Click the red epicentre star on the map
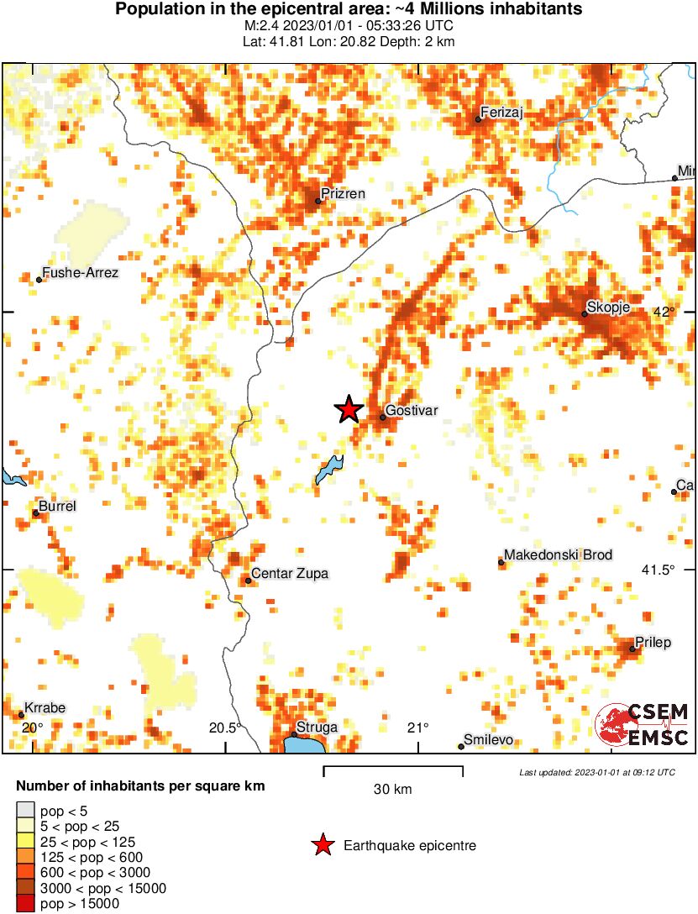349,409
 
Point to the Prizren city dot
318,201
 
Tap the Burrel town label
57,507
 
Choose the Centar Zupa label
291,574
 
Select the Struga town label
317,727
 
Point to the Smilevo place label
489,741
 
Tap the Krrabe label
45,708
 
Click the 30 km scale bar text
392,790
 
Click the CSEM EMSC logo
642,725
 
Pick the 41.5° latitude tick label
659,570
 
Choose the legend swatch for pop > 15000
26,904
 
